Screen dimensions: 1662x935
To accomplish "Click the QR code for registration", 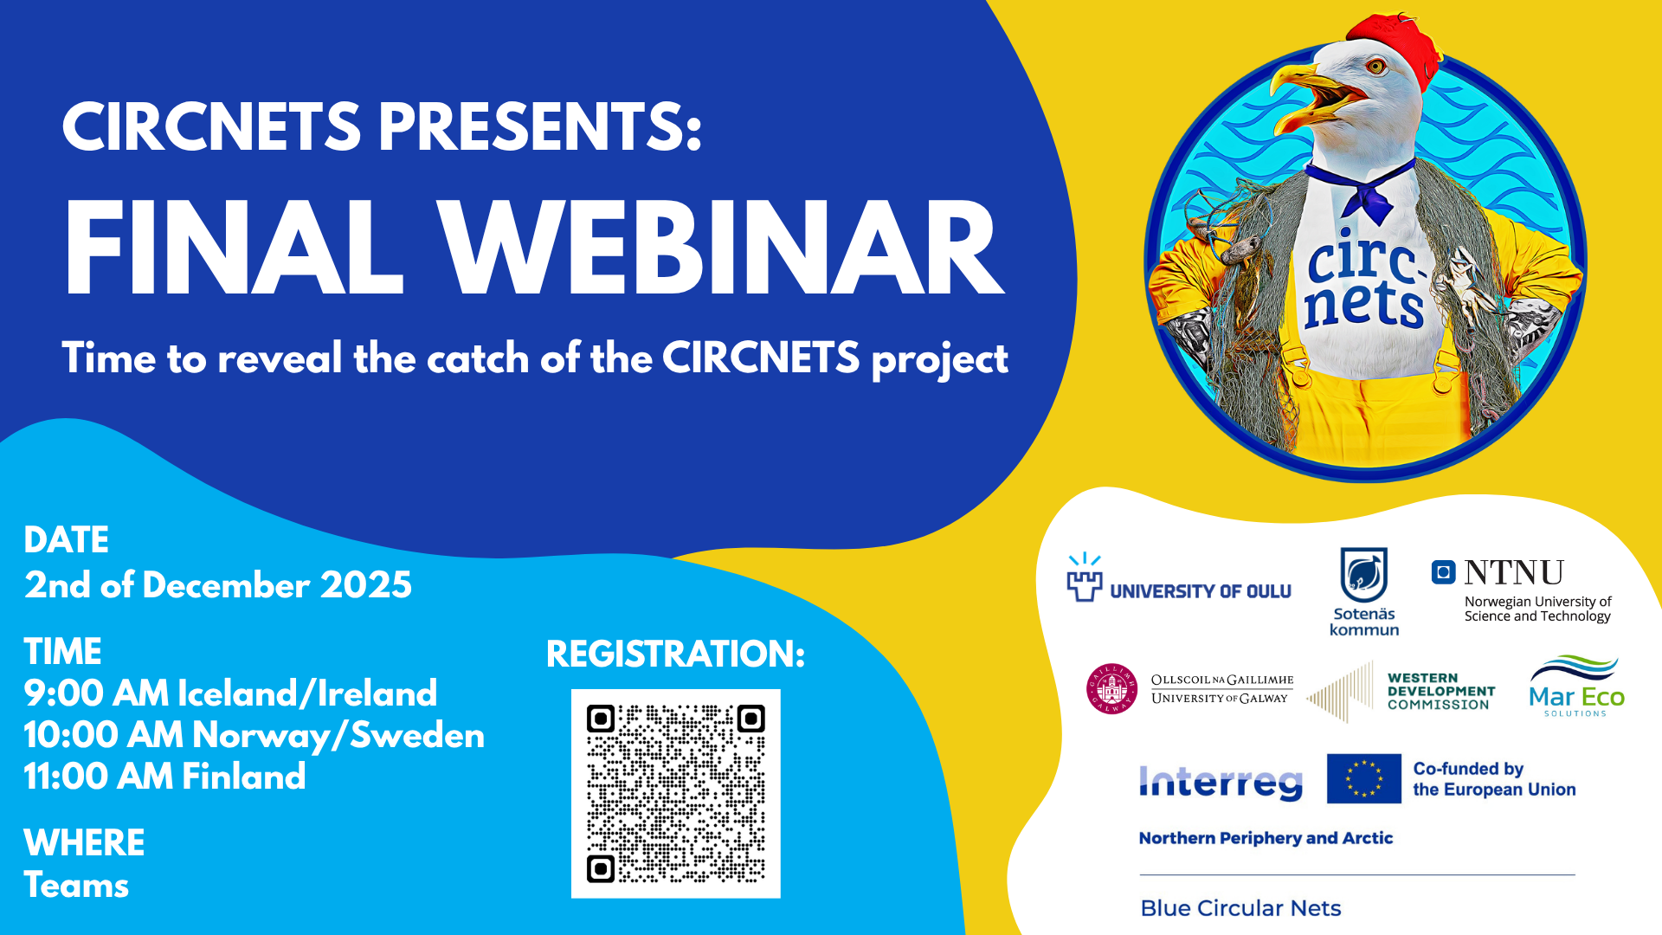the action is [x=675, y=793].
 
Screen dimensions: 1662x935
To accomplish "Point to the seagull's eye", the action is [x=1374, y=66].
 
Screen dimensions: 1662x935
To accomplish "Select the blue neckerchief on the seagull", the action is [x=1363, y=190].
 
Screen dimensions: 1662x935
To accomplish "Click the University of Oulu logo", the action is [x=1179, y=577].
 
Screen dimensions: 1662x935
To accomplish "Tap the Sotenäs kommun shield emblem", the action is [x=1364, y=574].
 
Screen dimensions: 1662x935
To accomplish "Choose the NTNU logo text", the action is [x=1513, y=572].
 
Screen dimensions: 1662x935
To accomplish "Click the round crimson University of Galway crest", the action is [x=1111, y=689].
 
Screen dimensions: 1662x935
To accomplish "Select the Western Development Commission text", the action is [x=1441, y=692].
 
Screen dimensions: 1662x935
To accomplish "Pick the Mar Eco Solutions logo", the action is [x=1576, y=686].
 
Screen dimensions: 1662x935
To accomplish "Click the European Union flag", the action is [x=1364, y=778].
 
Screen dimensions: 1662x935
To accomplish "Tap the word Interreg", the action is [x=1221, y=783].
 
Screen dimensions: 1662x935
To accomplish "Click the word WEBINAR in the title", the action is [x=719, y=249].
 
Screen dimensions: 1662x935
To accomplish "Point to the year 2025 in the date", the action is [x=366, y=585].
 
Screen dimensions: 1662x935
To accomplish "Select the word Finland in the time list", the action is [x=243, y=777].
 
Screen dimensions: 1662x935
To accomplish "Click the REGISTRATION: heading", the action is [x=675, y=654].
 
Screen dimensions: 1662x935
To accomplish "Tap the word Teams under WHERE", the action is [x=76, y=886].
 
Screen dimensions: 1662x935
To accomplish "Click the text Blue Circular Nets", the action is [x=1240, y=908].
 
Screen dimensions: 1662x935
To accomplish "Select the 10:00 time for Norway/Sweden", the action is [x=103, y=736].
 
